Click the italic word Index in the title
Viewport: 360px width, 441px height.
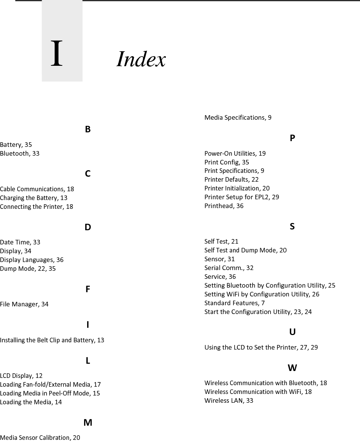141,59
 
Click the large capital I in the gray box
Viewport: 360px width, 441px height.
57,54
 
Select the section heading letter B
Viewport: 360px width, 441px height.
88,129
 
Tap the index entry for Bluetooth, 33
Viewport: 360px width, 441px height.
19,153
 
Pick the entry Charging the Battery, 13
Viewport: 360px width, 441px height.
34,198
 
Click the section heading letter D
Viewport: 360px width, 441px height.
88,227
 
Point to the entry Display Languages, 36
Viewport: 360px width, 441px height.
32,260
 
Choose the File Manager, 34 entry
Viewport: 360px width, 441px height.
24,304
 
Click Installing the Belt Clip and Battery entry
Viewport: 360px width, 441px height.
52,340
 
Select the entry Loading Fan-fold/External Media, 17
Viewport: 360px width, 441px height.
50,384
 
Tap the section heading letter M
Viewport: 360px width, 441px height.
88,423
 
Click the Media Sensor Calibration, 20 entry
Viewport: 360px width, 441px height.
40,437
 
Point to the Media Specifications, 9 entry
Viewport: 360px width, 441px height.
238,117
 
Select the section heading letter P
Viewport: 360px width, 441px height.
292,138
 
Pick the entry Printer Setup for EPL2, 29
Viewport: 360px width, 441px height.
242,197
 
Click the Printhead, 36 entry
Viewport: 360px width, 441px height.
224,206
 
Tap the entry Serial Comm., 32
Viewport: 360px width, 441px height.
229,268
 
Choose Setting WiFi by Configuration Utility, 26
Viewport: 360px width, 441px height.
262,294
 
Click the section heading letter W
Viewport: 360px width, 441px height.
292,368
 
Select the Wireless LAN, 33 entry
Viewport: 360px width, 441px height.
229,400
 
